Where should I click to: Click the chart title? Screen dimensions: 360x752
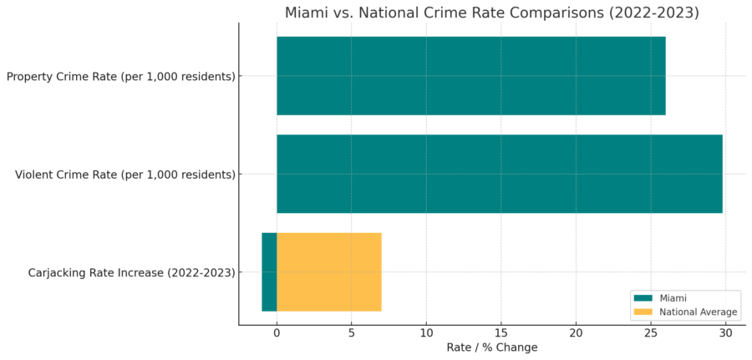pos(492,13)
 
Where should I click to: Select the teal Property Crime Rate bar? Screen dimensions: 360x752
pos(470,76)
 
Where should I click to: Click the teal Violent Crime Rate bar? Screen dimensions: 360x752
pos(499,174)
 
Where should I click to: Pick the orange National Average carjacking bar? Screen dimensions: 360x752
pos(328,272)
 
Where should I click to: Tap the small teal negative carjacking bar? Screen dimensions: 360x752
pos(269,272)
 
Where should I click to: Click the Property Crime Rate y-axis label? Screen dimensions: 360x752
pos(120,77)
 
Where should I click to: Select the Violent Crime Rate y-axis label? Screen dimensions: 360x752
pos(124,175)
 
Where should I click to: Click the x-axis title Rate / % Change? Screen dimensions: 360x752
pos(492,347)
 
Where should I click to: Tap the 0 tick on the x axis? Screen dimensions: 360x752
pos(277,333)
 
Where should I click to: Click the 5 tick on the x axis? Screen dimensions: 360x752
pos(351,333)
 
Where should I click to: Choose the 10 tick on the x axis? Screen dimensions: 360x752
pos(426,333)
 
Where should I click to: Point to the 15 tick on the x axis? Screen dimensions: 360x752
pos(500,333)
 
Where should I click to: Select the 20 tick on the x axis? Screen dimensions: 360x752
pos(576,333)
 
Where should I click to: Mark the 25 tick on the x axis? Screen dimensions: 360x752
pos(650,333)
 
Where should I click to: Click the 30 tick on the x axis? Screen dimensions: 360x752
pos(725,333)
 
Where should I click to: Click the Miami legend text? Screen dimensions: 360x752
pos(674,298)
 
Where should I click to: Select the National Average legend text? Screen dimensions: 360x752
pos(698,312)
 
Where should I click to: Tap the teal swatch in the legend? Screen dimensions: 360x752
pos(643,298)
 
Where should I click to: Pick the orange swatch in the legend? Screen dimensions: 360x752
pos(643,312)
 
